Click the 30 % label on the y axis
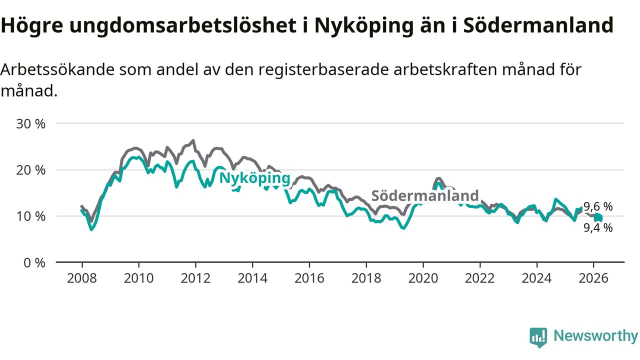click(x=31, y=123)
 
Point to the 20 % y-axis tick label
click(x=31, y=170)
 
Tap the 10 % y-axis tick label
click(x=31, y=216)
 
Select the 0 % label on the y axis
click(x=34, y=262)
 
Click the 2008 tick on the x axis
click(x=81, y=277)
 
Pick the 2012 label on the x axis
click(x=195, y=277)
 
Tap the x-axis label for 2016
click(x=309, y=277)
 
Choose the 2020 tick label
click(x=423, y=277)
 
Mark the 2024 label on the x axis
click(x=536, y=277)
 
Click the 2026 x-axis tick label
click(x=593, y=277)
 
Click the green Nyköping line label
click(x=255, y=178)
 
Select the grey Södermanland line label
click(x=425, y=195)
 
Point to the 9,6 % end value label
click(x=598, y=206)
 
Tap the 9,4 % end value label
click(x=598, y=228)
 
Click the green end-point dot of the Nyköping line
click(x=598, y=217)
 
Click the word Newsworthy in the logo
click(x=595, y=336)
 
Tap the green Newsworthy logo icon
click(x=538, y=337)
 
